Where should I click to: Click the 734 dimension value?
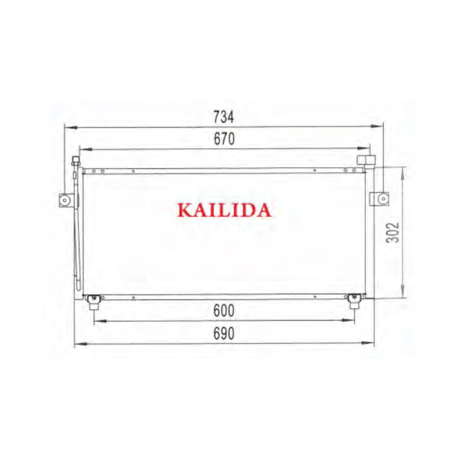[x=223, y=117]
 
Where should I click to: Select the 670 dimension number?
[x=224, y=139]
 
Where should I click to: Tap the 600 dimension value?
[x=224, y=310]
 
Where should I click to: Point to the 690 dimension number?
[x=224, y=333]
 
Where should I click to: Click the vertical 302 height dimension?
[x=393, y=232]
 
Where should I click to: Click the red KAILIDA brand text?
[x=224, y=210]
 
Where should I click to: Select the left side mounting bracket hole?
[x=65, y=200]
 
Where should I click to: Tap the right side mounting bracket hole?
[x=383, y=199]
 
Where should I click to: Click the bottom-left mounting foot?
[x=93, y=302]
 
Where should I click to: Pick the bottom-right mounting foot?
[x=354, y=301]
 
